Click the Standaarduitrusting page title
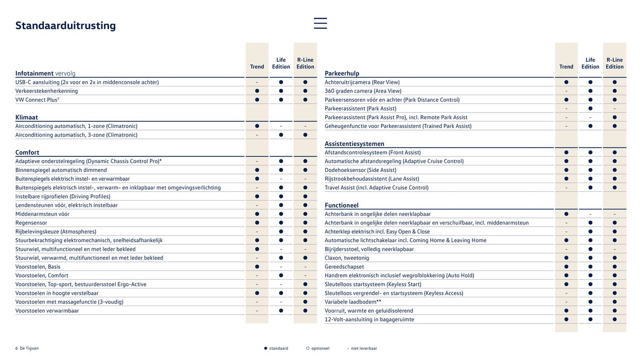pos(66,26)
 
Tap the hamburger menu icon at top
pos(320,23)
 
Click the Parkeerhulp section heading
pos(342,74)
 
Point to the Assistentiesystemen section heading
pos(354,144)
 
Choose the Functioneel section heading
pos(341,206)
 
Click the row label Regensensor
pos(31,223)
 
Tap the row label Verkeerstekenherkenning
pos(47,91)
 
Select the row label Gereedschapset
pos(344,267)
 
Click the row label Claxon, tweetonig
pos(347,258)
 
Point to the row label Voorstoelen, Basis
pos(38,267)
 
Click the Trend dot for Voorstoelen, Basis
pos(257,267)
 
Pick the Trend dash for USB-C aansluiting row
pos(257,82)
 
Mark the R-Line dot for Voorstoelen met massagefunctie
pos(305,302)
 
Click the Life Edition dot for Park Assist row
pos(591,109)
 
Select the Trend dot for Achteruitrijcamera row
pos(566,82)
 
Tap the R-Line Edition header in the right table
pos(614,63)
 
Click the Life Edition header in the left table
pos(281,63)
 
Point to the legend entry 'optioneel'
pos(320,349)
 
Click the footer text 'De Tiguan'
pos(29,349)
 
